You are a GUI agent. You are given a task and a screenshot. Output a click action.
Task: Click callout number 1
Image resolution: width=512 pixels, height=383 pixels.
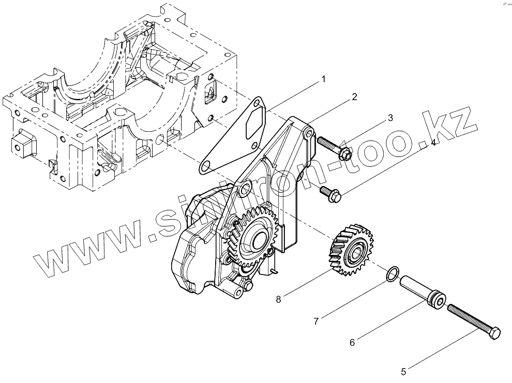pos(323,79)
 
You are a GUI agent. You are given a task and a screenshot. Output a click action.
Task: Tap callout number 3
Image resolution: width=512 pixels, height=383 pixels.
pos(390,118)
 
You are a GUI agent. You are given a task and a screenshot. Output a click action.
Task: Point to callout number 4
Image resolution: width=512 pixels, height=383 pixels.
pos(433,143)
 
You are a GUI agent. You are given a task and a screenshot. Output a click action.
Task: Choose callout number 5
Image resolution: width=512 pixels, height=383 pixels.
pos(403,371)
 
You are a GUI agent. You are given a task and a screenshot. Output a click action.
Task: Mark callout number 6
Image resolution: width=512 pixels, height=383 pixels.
pos(352,342)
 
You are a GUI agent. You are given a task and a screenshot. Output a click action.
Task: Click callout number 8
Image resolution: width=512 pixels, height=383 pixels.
pos(279,298)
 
